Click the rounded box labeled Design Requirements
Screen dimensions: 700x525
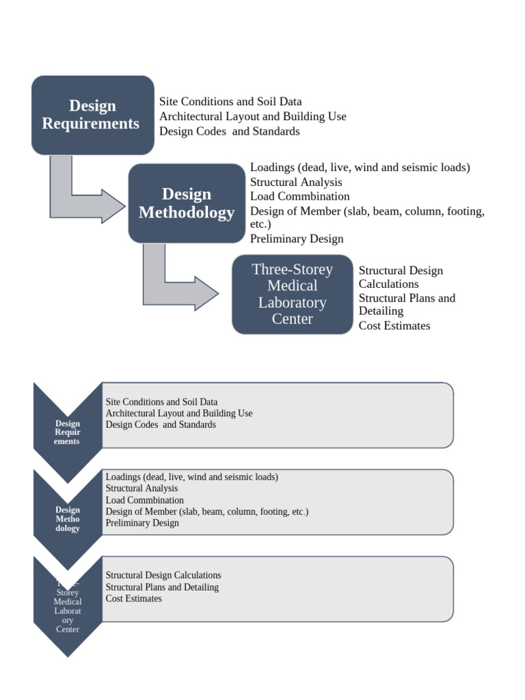(x=92, y=115)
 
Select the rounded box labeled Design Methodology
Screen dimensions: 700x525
(x=186, y=203)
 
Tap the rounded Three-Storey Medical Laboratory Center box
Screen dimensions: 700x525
(x=292, y=294)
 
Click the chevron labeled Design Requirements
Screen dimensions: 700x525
(x=68, y=433)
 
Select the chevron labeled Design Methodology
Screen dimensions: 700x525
(x=68, y=520)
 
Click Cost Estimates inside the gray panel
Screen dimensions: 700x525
(x=133, y=598)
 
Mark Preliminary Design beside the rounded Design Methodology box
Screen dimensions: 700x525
(x=297, y=239)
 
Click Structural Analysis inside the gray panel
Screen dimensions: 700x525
(x=142, y=488)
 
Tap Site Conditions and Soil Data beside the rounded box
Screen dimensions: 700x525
(x=230, y=102)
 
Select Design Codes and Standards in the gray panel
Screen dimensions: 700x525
(x=161, y=425)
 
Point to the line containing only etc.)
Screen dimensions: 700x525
(x=260, y=224)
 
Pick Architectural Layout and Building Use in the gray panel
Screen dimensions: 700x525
(x=179, y=413)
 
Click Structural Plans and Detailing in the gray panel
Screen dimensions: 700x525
(x=162, y=587)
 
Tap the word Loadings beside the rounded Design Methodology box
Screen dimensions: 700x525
(x=272, y=167)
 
